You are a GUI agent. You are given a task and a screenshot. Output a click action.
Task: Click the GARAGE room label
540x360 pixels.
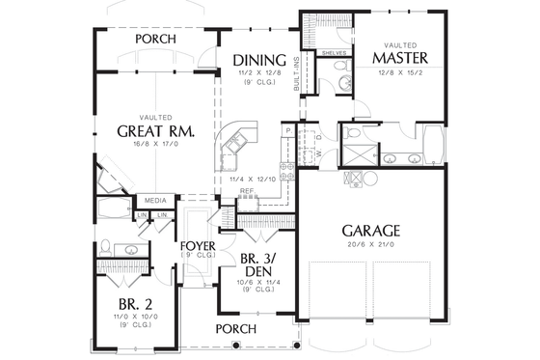click(x=370, y=232)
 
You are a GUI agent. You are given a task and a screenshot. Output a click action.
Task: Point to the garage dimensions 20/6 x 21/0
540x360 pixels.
click(x=370, y=246)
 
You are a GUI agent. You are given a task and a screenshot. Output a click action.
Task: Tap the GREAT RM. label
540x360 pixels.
click(x=158, y=130)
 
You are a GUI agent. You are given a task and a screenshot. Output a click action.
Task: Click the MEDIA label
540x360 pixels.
click(x=156, y=202)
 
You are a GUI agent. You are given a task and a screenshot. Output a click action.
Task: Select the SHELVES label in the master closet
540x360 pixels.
click(x=334, y=54)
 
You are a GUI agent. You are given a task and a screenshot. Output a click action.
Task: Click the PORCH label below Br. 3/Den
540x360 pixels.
click(x=236, y=329)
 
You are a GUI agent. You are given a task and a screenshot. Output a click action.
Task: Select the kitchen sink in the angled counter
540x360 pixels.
click(x=233, y=147)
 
